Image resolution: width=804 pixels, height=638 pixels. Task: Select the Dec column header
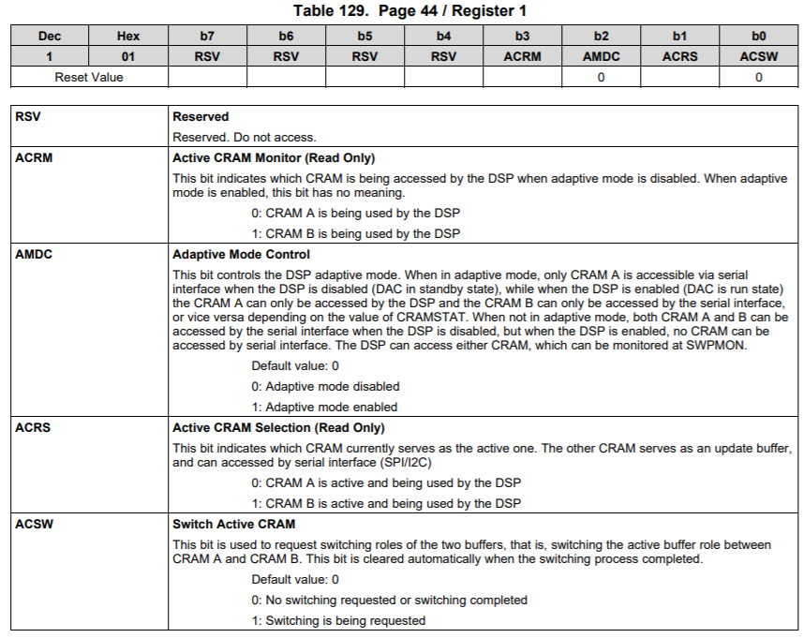coord(50,37)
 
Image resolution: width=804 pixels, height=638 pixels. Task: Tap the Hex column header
coord(128,37)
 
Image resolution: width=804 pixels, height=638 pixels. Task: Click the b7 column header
coord(207,37)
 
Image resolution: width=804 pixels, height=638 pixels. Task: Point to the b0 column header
coord(758,37)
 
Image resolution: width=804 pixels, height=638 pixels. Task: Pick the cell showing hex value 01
coord(128,56)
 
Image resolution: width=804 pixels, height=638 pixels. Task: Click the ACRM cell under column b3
coord(522,56)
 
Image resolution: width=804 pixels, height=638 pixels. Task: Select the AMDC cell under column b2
coord(601,56)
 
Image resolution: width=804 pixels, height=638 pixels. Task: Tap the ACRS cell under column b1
coord(679,56)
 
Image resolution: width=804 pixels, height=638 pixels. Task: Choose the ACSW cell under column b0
coord(758,56)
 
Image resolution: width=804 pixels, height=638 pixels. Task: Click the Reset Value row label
coord(89,77)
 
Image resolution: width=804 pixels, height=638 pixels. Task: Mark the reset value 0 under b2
coord(601,77)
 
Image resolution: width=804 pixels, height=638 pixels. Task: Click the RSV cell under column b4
coord(443,56)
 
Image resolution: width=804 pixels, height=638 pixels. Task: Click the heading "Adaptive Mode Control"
coord(241,254)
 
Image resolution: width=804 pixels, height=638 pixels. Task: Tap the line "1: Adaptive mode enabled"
coord(324,407)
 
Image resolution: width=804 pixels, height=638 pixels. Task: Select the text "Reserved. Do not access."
coord(244,137)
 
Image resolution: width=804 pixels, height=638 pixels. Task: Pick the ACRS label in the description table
coord(34,427)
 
